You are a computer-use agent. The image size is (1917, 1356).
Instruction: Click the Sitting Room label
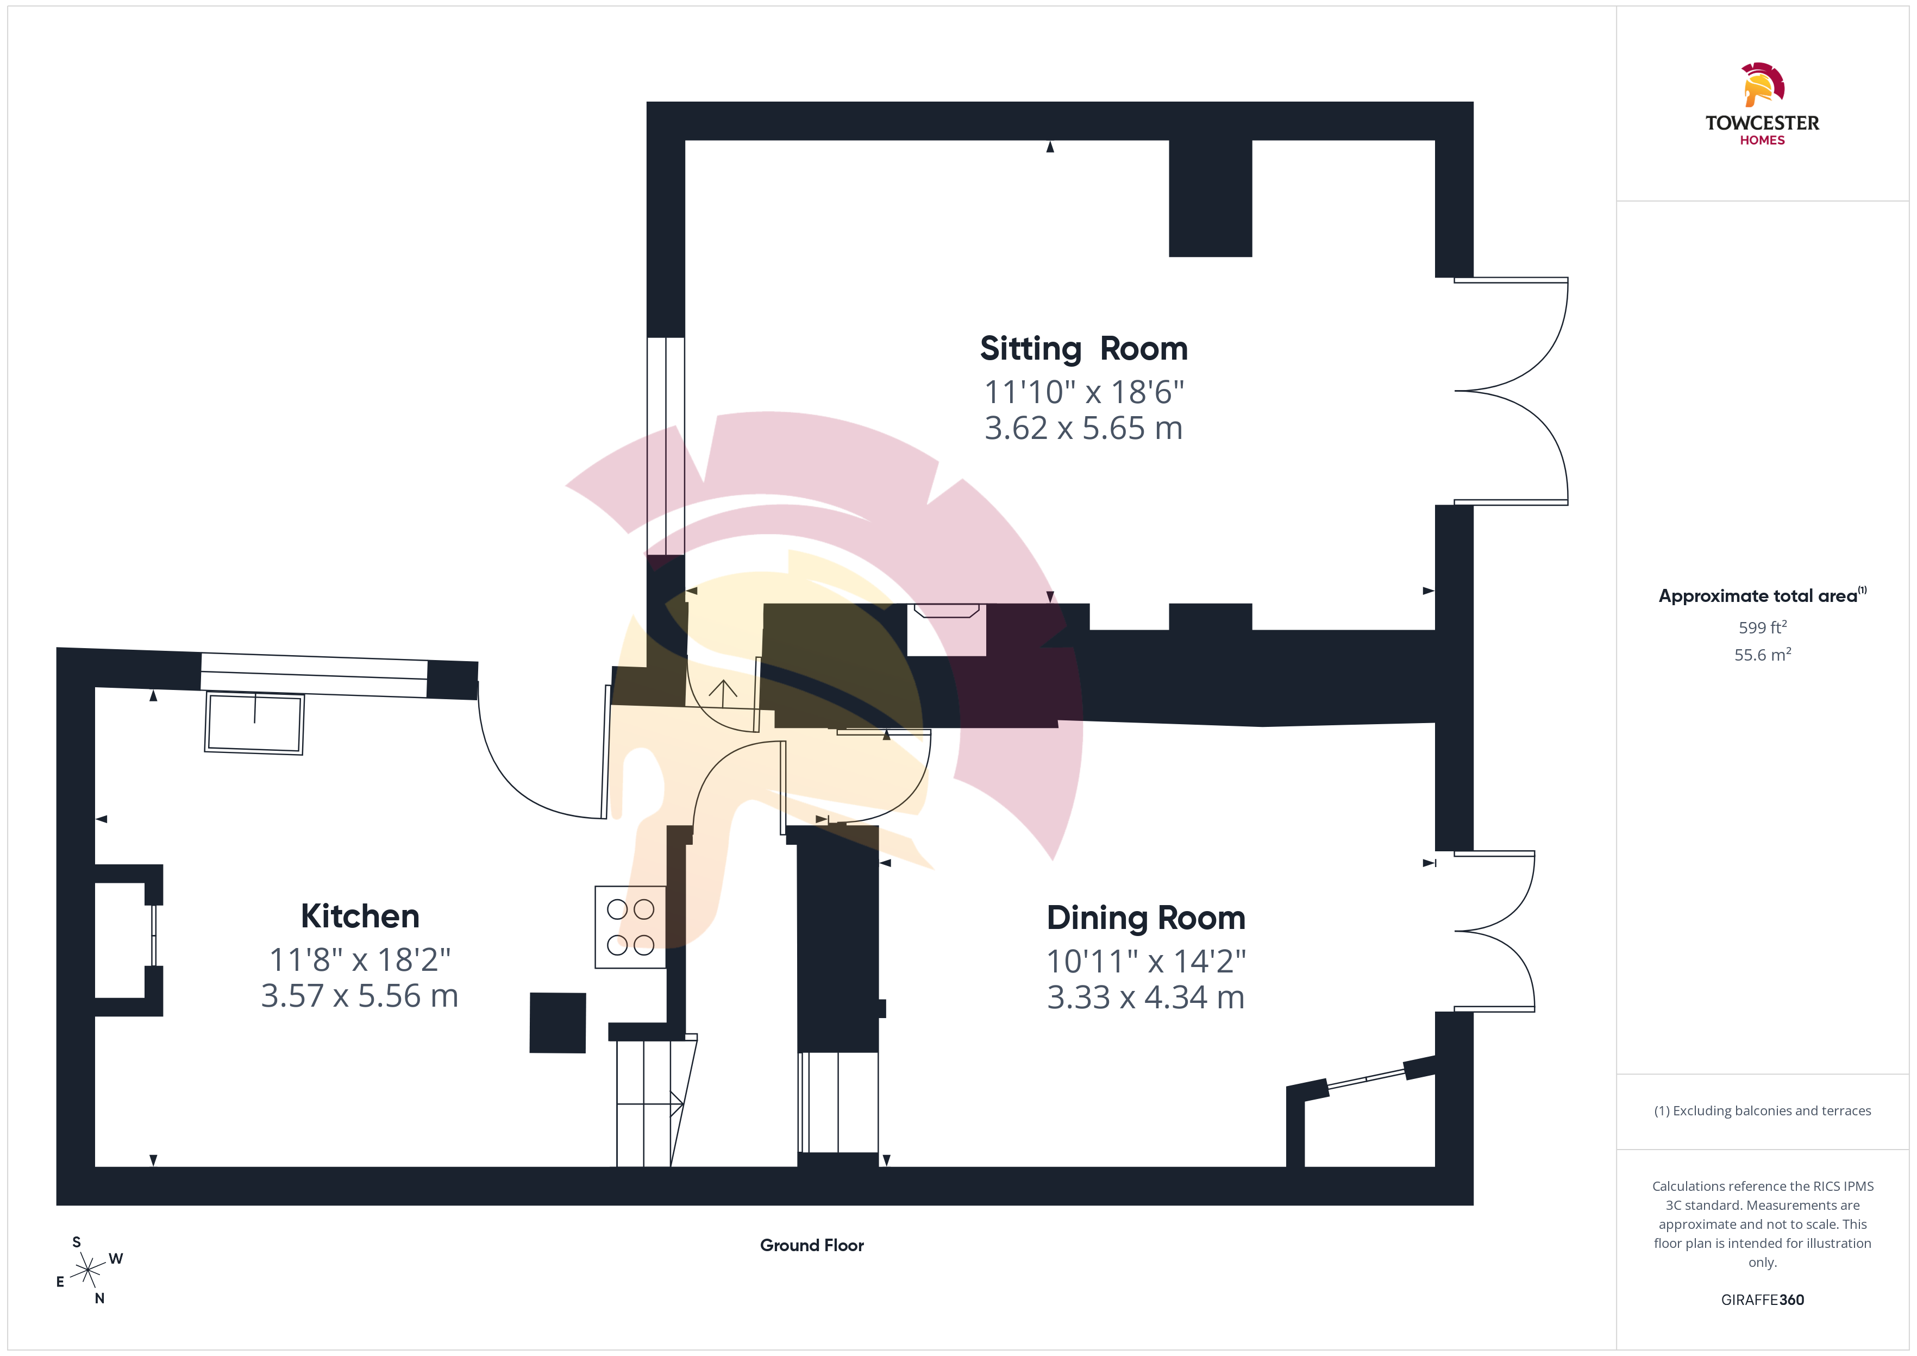point(1083,349)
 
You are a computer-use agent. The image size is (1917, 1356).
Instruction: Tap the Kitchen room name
point(360,916)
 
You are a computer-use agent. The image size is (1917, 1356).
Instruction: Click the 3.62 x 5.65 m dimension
point(1083,428)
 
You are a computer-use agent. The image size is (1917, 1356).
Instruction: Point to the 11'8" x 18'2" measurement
point(360,959)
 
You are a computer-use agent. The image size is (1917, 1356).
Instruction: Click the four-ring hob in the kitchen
point(630,927)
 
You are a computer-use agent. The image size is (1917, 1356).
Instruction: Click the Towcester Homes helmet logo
point(1763,84)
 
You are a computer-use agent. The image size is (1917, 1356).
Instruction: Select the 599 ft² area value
point(1763,626)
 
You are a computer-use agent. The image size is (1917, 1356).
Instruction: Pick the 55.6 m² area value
point(1763,655)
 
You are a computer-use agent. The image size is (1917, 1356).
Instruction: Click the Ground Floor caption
point(812,1245)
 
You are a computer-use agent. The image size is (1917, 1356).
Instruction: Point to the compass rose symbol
point(87,1271)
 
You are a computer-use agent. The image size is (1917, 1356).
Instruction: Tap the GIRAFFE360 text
point(1763,1300)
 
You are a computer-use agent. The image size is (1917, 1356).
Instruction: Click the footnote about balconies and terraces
point(1763,1110)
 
